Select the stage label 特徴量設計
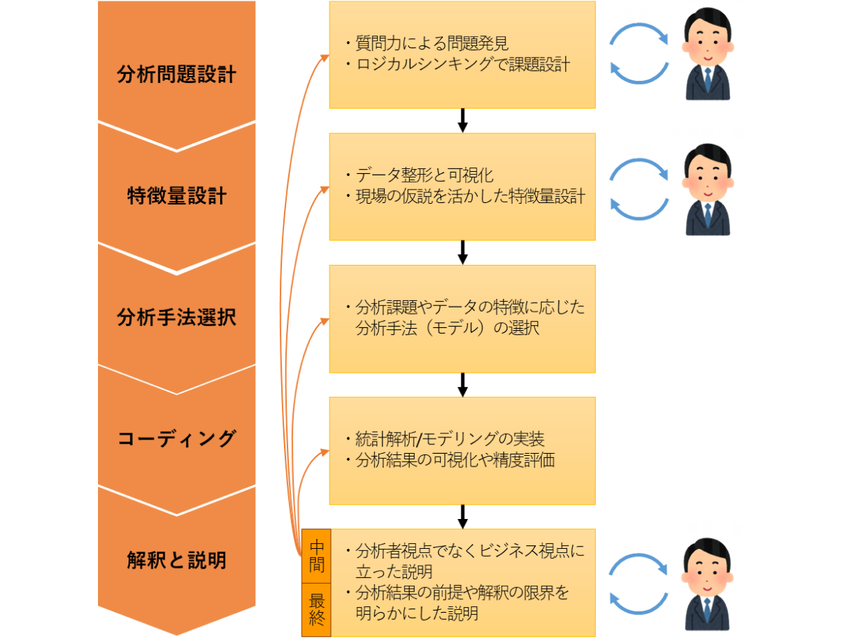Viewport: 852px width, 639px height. [176, 196]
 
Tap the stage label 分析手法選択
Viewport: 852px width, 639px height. [176, 317]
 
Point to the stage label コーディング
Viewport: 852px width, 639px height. [176, 439]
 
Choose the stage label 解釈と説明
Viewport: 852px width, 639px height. [176, 560]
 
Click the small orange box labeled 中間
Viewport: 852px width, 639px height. [317, 556]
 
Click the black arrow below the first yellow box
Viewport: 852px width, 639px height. [462, 121]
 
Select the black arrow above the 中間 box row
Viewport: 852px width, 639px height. [462, 516]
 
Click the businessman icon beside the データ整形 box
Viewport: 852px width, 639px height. [707, 190]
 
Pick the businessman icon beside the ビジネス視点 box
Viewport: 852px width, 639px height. [707, 584]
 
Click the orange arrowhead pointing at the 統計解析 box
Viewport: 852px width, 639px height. [324, 450]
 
